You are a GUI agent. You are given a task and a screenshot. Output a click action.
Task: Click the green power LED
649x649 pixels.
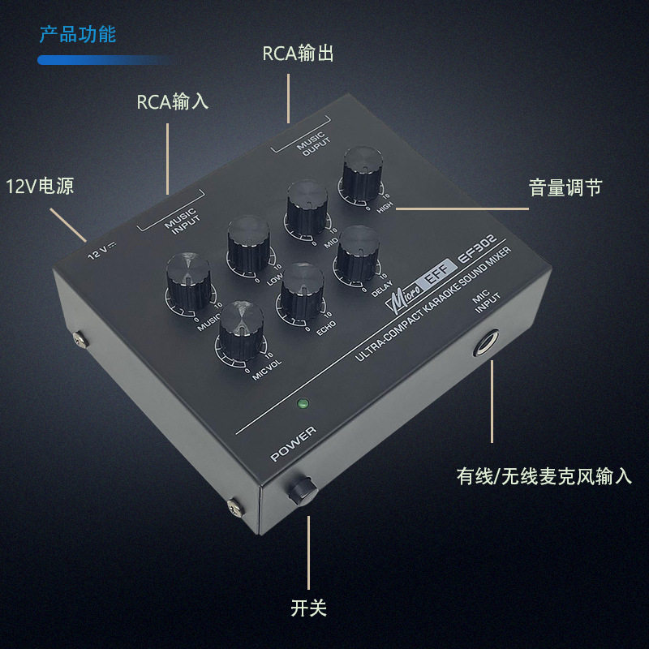click(x=303, y=403)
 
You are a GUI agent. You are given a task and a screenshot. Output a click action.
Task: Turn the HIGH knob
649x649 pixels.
click(x=362, y=174)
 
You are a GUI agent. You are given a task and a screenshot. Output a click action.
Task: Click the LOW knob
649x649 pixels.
click(x=249, y=244)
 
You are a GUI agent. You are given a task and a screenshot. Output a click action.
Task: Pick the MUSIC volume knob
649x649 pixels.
click(x=189, y=282)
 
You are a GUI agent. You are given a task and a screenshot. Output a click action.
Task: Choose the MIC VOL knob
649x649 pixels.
click(x=241, y=330)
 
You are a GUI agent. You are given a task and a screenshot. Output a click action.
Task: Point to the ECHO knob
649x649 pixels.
click(x=302, y=291)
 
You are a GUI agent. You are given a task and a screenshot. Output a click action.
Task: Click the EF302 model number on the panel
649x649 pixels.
click(x=477, y=248)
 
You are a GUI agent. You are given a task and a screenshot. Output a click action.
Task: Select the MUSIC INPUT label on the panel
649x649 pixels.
click(x=182, y=221)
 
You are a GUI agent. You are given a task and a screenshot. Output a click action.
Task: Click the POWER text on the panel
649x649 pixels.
click(x=294, y=444)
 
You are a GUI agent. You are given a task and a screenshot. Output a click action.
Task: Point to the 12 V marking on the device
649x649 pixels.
click(x=102, y=250)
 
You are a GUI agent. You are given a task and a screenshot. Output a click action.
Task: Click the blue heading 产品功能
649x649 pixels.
click(x=78, y=34)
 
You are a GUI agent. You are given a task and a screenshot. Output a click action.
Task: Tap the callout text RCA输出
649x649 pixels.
click(x=298, y=54)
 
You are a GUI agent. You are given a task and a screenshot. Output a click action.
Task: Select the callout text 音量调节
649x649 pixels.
click(x=565, y=187)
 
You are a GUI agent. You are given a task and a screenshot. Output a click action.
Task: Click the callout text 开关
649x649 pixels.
click(x=309, y=608)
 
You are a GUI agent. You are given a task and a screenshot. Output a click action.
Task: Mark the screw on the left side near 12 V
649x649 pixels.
click(x=80, y=339)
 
